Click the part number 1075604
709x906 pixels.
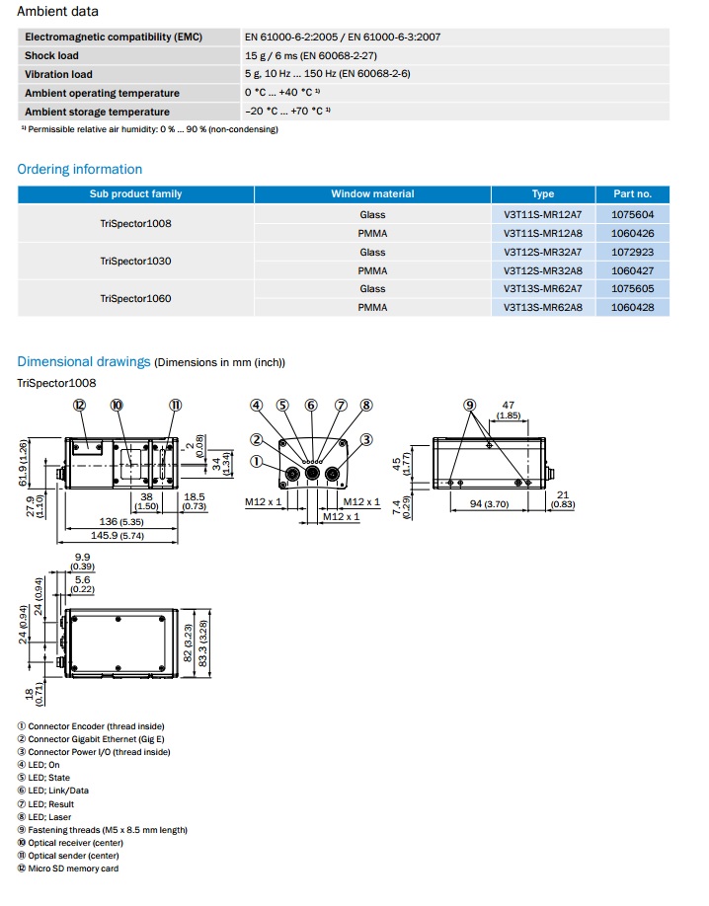click(632, 214)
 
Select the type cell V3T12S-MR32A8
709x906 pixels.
click(542, 270)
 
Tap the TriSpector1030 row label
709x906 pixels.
click(135, 261)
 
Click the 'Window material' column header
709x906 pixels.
click(372, 194)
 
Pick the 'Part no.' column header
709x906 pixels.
click(632, 194)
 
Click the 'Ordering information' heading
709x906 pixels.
click(80, 169)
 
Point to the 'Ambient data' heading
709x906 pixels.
click(57, 12)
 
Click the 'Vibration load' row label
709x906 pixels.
click(58, 74)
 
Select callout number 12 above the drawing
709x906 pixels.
click(80, 405)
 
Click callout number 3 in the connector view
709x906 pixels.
click(365, 440)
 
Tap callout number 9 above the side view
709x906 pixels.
click(470, 405)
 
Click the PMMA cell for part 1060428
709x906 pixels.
click(372, 307)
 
